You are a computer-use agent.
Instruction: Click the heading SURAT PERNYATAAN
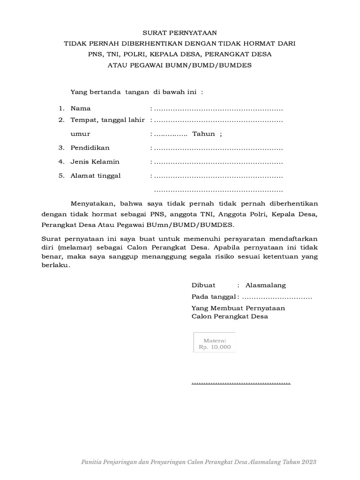[180, 32]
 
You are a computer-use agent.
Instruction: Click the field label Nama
[81, 108]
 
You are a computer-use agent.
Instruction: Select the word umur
[80, 134]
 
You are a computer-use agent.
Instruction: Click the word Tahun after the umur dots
[204, 134]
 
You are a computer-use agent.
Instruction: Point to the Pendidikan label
[90, 148]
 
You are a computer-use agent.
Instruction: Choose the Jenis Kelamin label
[95, 162]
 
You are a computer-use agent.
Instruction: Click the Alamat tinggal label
[96, 176]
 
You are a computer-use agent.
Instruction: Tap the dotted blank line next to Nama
[218, 109]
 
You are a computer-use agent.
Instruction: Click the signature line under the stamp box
[241, 383]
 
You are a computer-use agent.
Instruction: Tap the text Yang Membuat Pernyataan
[238, 308]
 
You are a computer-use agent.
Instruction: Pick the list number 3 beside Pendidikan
[61, 148]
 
